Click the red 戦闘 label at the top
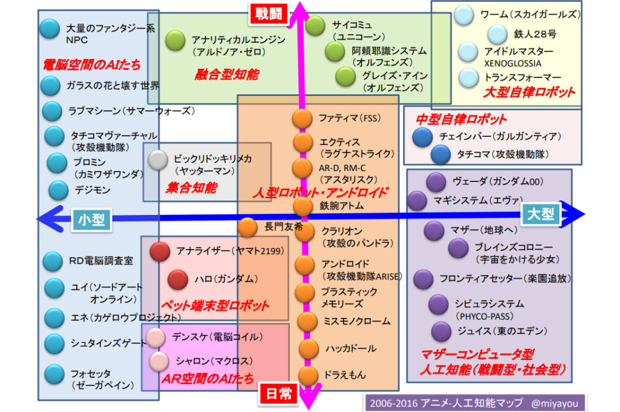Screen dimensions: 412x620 (269, 14)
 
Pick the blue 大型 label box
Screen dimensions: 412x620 (541, 214)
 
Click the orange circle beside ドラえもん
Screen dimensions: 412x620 (308, 375)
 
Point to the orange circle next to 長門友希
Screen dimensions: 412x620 (247, 227)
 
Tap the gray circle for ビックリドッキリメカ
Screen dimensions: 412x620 (159, 160)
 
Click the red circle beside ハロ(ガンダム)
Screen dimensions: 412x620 (177, 279)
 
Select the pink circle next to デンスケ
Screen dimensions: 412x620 (156, 337)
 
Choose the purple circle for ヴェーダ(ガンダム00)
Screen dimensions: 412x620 (436, 182)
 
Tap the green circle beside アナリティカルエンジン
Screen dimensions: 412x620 (175, 40)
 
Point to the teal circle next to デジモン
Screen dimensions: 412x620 (58, 190)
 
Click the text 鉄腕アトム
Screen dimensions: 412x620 (342, 206)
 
